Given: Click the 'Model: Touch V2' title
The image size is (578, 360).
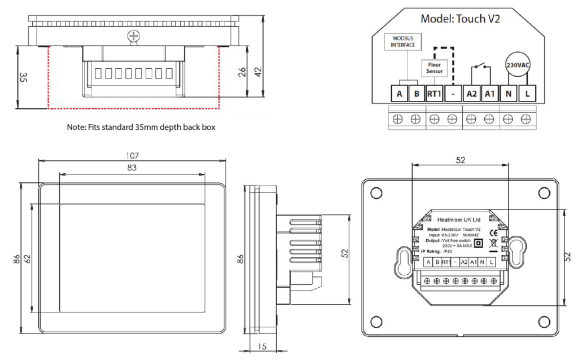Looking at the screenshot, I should [460, 19].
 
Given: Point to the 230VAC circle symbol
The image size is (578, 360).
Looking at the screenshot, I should [519, 64].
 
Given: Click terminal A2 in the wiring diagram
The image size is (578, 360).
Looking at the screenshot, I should [471, 94].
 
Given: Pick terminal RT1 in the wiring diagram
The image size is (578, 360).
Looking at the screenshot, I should [434, 94].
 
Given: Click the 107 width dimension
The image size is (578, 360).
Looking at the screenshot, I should [132, 155].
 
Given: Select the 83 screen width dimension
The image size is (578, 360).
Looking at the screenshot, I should [132, 167].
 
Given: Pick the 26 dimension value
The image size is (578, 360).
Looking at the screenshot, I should [242, 72].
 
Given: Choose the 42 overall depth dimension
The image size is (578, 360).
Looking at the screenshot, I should [258, 72].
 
